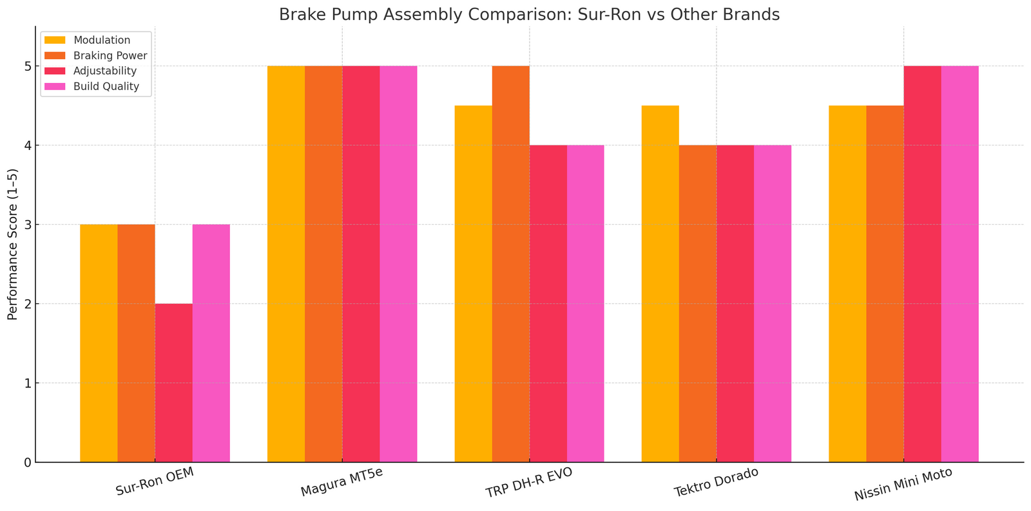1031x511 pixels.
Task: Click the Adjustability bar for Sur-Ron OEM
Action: (x=173, y=383)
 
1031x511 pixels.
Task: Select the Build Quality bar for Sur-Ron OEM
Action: (x=211, y=343)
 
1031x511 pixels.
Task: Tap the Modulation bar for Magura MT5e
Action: (x=286, y=264)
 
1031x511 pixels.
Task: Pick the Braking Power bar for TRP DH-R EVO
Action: (x=510, y=264)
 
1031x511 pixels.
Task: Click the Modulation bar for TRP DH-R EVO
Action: (x=473, y=284)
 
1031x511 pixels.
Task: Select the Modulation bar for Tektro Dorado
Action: (x=660, y=284)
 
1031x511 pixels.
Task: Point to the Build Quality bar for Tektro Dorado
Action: (x=772, y=304)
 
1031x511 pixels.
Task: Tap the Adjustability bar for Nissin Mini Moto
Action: (x=922, y=264)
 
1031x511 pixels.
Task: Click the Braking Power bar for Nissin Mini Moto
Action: (x=885, y=284)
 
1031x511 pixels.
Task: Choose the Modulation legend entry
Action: (x=102, y=41)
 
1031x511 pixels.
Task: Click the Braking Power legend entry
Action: (x=110, y=56)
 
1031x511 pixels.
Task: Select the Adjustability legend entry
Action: (x=105, y=71)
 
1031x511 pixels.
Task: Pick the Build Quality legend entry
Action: (x=106, y=86)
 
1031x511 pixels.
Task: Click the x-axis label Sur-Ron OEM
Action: (x=155, y=482)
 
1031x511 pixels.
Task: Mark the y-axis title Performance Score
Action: (x=12, y=245)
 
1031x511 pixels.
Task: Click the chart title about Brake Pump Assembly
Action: (x=529, y=14)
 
